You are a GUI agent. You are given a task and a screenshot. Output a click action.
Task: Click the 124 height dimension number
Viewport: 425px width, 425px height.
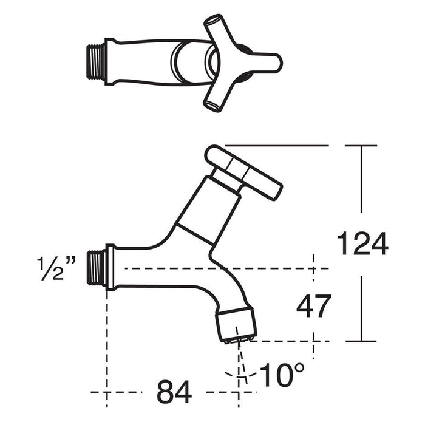(x=362, y=244)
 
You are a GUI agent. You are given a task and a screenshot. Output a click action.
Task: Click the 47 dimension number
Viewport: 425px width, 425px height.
(x=314, y=307)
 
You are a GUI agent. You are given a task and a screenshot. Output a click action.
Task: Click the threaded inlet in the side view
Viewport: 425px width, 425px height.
(x=97, y=267)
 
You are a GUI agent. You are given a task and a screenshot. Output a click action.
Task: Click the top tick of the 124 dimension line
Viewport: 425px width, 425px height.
(x=363, y=146)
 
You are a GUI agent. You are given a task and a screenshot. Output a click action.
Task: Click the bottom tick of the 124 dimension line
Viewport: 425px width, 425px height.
(x=363, y=341)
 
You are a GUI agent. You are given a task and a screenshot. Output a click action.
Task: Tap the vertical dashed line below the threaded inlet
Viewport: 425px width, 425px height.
(x=107, y=340)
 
